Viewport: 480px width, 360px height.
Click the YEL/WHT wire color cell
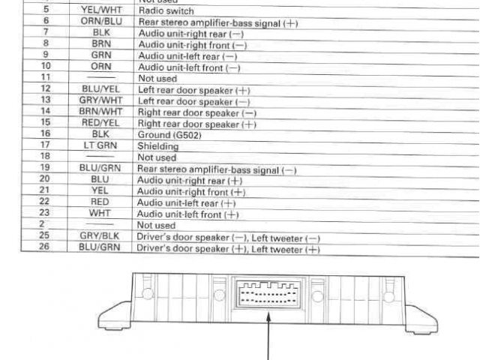(x=100, y=11)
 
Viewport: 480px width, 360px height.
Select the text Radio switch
(x=166, y=11)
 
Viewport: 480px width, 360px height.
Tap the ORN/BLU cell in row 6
(x=100, y=22)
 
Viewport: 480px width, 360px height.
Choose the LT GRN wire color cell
(x=100, y=147)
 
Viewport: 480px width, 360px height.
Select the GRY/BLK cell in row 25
(x=100, y=236)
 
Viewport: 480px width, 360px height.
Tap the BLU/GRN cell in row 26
(x=100, y=247)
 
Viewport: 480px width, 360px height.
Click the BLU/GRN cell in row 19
(x=100, y=169)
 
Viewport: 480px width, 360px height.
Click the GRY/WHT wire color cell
(x=100, y=101)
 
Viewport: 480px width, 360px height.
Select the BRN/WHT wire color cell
(x=100, y=112)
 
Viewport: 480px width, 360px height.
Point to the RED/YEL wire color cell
(x=100, y=124)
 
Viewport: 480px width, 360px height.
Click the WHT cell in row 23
(x=100, y=214)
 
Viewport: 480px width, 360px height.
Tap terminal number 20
(x=46, y=181)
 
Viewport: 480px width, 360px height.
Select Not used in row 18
(x=157, y=158)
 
